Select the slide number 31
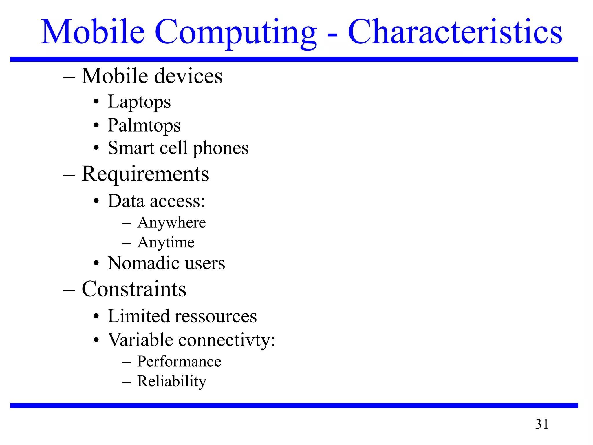click(x=541, y=424)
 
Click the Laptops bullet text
click(x=139, y=102)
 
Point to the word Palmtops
click(x=144, y=126)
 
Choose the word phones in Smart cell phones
click(x=221, y=148)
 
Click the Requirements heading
click(x=145, y=174)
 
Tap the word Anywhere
click(x=171, y=223)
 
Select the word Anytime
click(x=166, y=242)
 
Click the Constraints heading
click(x=134, y=289)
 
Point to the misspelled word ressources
click(x=216, y=316)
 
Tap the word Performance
click(x=179, y=362)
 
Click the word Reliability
click(x=172, y=381)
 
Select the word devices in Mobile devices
click(x=188, y=76)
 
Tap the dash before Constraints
click(x=69, y=290)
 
